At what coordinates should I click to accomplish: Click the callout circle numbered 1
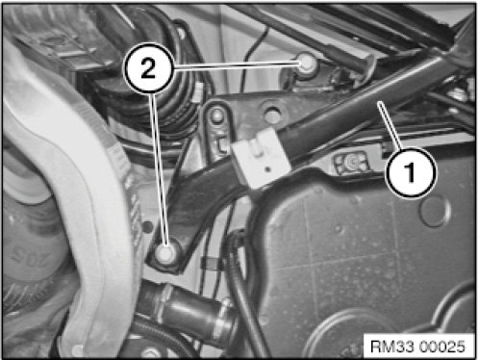tap(411, 172)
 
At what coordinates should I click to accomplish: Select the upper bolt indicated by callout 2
tap(306, 63)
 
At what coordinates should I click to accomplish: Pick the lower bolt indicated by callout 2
tap(165, 253)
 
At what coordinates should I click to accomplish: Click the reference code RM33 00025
tap(417, 347)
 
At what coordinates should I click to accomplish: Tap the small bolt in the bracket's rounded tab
tap(217, 115)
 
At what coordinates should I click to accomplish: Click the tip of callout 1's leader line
tap(379, 103)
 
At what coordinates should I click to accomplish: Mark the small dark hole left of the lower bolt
tap(147, 227)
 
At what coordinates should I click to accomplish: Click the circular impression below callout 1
tap(435, 210)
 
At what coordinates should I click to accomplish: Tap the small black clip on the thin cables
tap(211, 263)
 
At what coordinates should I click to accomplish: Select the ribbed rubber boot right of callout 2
tap(175, 108)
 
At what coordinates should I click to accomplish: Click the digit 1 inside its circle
tap(411, 172)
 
